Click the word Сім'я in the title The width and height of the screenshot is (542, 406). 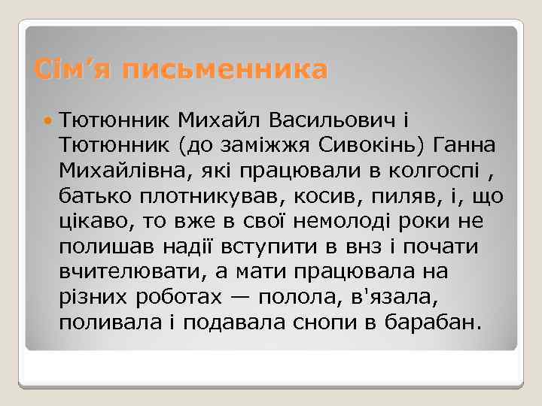click(72, 70)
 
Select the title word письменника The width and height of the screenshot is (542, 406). click(225, 70)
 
